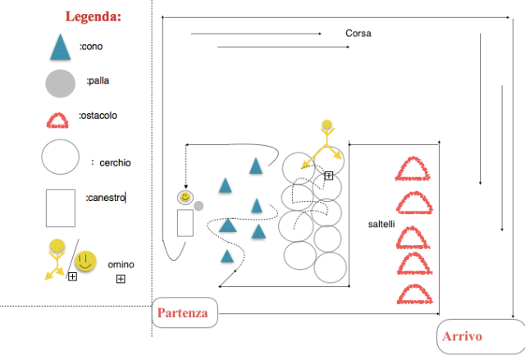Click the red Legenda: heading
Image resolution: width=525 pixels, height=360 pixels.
93,16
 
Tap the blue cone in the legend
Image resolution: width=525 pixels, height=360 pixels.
60,48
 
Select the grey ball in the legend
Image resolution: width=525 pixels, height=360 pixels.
60,84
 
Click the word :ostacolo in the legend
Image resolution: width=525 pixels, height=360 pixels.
98,116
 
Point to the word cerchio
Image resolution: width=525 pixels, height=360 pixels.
115,163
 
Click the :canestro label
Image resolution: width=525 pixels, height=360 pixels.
106,198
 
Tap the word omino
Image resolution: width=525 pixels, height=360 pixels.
121,265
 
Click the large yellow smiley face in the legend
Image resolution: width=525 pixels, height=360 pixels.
85,261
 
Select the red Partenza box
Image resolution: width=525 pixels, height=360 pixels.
185,312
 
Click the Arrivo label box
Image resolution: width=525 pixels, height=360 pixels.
481,336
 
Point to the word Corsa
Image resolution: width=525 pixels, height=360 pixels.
358,33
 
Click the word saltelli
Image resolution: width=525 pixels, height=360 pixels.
381,224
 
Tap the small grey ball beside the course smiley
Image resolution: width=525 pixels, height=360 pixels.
199,206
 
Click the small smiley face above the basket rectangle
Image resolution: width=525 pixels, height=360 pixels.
185,197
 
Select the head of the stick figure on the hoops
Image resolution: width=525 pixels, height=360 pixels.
326,125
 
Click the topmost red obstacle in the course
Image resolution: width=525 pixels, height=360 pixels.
413,168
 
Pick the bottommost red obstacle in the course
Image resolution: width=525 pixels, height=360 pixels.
415,294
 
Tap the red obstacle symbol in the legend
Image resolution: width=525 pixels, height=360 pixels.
57,121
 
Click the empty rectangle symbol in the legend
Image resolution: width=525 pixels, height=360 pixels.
61,208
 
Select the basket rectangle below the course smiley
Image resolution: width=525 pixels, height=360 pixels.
185,223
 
